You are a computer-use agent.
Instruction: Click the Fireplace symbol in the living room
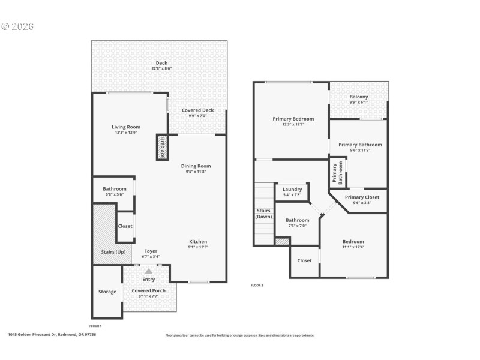[161, 147]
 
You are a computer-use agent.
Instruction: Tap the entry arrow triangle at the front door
[149, 271]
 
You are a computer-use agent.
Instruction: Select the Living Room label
[126, 127]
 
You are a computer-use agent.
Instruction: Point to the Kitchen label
[197, 241]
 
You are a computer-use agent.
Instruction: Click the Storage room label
[107, 292]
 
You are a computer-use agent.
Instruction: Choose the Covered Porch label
[149, 290]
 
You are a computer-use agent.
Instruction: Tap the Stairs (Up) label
[108, 251]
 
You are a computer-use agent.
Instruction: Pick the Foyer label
[151, 251]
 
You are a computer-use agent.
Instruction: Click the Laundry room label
[292, 189]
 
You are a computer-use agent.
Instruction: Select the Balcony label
[359, 97]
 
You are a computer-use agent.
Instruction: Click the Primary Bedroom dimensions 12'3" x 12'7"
[293, 124]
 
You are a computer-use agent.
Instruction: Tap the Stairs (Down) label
[264, 214]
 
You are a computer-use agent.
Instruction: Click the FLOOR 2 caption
[257, 285]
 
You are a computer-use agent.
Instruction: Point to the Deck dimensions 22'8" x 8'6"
[161, 68]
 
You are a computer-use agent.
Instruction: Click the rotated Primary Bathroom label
[338, 173]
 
